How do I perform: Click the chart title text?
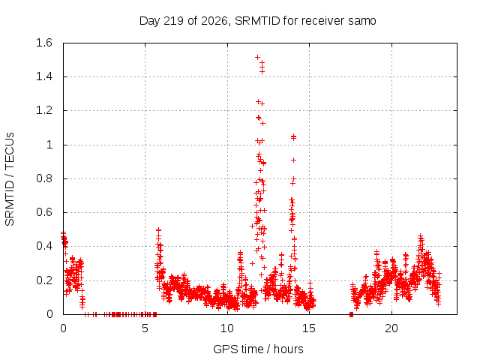coord(257,21)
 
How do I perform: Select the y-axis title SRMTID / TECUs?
coord(10,179)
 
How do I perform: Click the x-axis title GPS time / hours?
coord(258,349)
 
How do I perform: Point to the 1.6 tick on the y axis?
coord(44,43)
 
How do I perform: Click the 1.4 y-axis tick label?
coord(44,76)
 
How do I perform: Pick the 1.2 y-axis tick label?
coord(44,110)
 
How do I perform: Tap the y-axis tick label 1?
coord(49,145)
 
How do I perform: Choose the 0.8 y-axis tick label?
coord(44,178)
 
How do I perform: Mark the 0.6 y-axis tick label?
coord(44,212)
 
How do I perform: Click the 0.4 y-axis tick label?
coord(44,246)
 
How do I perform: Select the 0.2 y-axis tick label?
coord(44,280)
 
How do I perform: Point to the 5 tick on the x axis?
coord(145,328)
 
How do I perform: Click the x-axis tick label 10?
coord(227,328)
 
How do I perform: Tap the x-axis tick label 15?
coord(309,328)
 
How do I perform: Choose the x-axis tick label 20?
coord(391,328)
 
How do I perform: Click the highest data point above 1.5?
coord(257,57)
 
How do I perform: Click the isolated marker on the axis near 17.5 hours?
coord(351,314)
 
